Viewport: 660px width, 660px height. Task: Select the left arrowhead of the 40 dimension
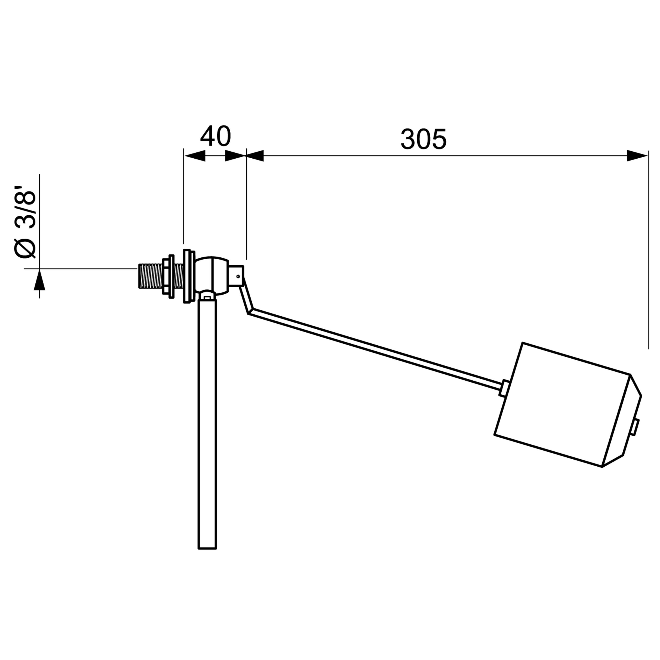(195, 156)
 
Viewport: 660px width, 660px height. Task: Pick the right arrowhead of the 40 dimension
(236, 156)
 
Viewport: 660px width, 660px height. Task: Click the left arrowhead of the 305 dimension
(255, 156)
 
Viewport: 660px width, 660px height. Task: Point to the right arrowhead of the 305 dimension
(637, 156)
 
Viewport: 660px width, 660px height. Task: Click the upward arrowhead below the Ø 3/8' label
(39, 279)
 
